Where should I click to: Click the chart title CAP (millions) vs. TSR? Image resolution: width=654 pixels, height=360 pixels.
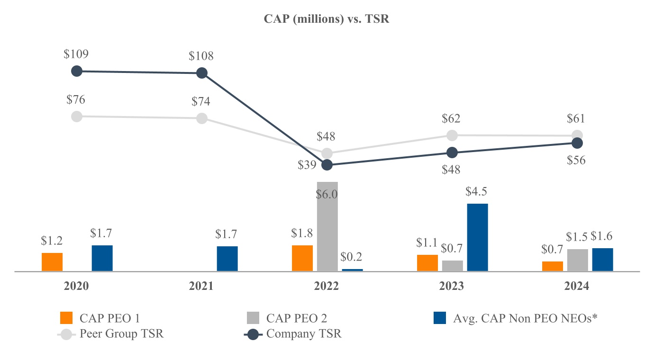tap(327, 20)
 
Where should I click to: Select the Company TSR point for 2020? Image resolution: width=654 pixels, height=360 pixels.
tap(76, 71)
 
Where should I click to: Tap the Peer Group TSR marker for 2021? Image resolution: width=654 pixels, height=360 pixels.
tap(201, 118)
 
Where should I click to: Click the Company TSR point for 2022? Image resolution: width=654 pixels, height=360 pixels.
tap(327, 165)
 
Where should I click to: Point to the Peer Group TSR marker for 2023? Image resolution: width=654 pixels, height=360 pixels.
tap(452, 135)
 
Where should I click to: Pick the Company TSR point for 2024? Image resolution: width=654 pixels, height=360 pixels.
tap(577, 143)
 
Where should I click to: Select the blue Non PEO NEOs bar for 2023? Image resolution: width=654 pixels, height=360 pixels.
tap(477, 237)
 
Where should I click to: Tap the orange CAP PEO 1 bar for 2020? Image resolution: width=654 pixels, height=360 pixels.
tap(52, 262)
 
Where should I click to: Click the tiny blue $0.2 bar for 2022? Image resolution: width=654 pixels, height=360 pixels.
tap(352, 270)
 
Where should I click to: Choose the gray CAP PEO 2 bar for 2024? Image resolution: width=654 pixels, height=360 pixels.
tap(577, 260)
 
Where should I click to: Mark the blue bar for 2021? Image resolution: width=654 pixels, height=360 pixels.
tap(227, 259)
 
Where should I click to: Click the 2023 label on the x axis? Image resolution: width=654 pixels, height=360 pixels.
tap(452, 287)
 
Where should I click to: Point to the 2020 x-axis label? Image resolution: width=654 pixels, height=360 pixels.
tap(76, 287)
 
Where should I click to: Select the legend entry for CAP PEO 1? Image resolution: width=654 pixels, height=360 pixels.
tap(100, 318)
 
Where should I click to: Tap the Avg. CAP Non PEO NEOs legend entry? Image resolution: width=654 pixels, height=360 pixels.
tap(514, 318)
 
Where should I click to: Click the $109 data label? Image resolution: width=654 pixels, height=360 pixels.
tap(76, 54)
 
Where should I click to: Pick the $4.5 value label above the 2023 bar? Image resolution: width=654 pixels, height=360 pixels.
tap(477, 192)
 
